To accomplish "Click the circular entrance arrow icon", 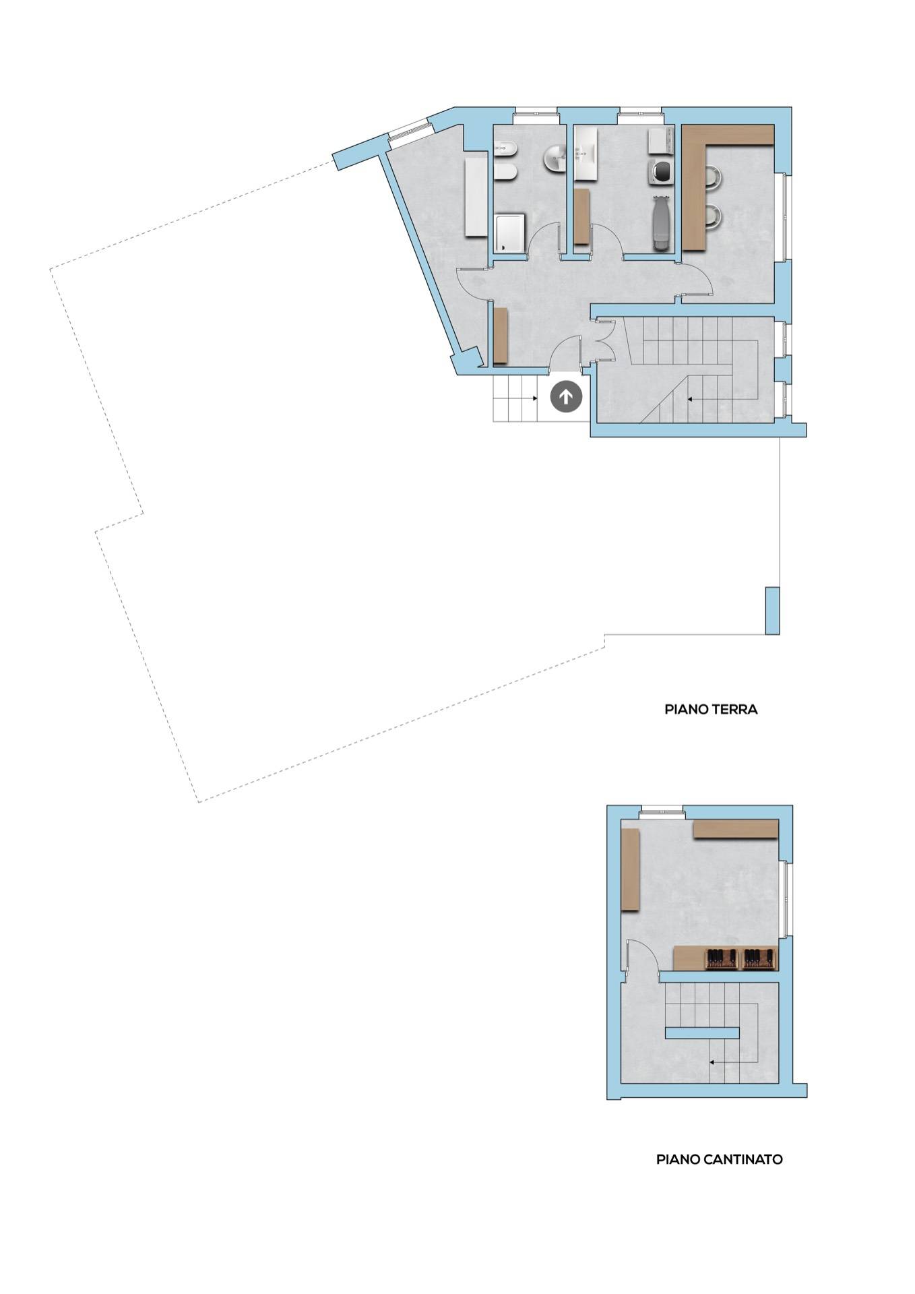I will pyautogui.click(x=566, y=397).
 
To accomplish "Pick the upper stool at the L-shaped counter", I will pyautogui.click(x=714, y=178).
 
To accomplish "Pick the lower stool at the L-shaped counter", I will pyautogui.click(x=714, y=216).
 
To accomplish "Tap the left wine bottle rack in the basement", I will pyautogui.click(x=722, y=958).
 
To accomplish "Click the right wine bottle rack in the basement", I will pyautogui.click(x=759, y=958).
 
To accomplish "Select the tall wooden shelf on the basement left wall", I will pyautogui.click(x=629, y=870).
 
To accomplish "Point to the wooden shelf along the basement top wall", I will pyautogui.click(x=735, y=829).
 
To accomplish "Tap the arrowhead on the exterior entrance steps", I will pyautogui.click(x=536, y=398).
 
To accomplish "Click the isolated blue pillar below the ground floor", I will pyautogui.click(x=772, y=611).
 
